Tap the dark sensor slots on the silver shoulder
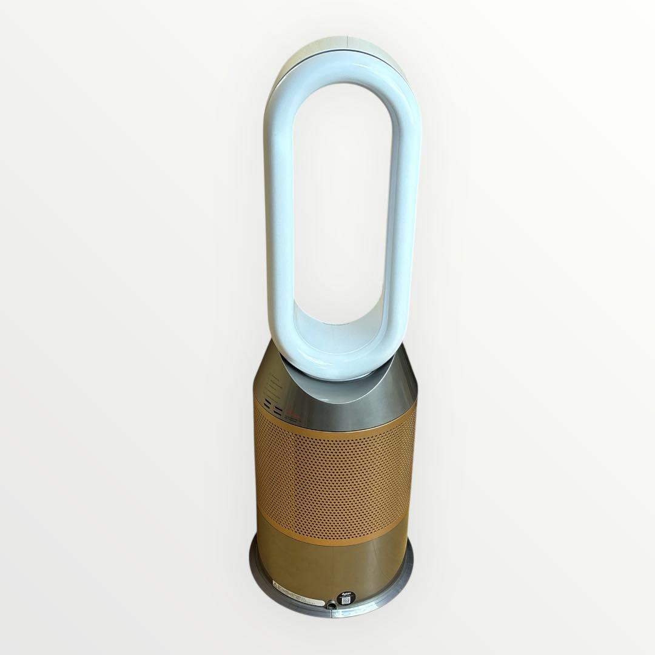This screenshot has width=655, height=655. click(x=274, y=411)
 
